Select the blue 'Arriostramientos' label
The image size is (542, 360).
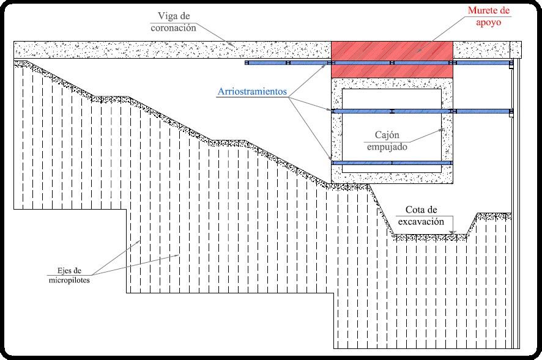coord(251,92)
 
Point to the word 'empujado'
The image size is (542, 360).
coord(387,147)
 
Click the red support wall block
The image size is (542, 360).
coord(392,59)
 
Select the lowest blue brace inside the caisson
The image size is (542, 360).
coord(392,163)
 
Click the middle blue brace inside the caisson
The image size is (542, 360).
coord(392,111)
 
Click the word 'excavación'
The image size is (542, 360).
coord(420,222)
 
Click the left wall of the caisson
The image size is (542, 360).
coord(336,131)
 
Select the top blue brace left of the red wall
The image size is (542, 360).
coord(288,63)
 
